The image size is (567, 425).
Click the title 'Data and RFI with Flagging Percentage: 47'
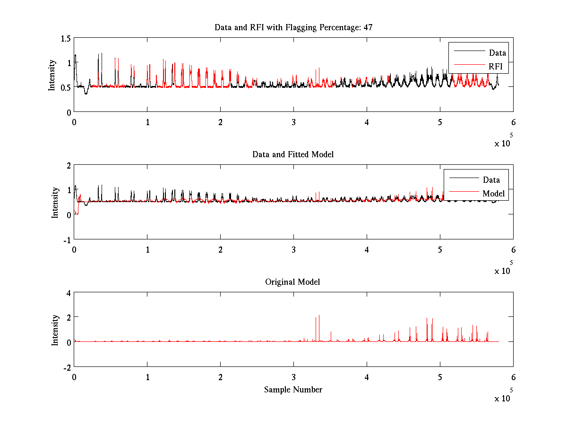pos(293,27)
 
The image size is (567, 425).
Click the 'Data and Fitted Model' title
pos(293,154)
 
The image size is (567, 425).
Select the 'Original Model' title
pos(292,282)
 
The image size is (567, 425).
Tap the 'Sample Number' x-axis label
pos(293,390)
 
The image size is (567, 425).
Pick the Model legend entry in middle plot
pos(493,193)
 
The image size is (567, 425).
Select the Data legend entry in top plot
pos(497,53)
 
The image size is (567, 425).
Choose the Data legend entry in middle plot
pos(491,179)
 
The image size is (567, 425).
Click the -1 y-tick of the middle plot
pos(67,239)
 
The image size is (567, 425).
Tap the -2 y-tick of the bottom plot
pos(67,367)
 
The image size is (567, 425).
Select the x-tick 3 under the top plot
pos(293,121)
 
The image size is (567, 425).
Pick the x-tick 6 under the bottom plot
pos(513,377)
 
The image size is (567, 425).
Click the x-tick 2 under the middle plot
pos(220,249)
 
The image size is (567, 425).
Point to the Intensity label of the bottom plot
pos(55,330)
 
